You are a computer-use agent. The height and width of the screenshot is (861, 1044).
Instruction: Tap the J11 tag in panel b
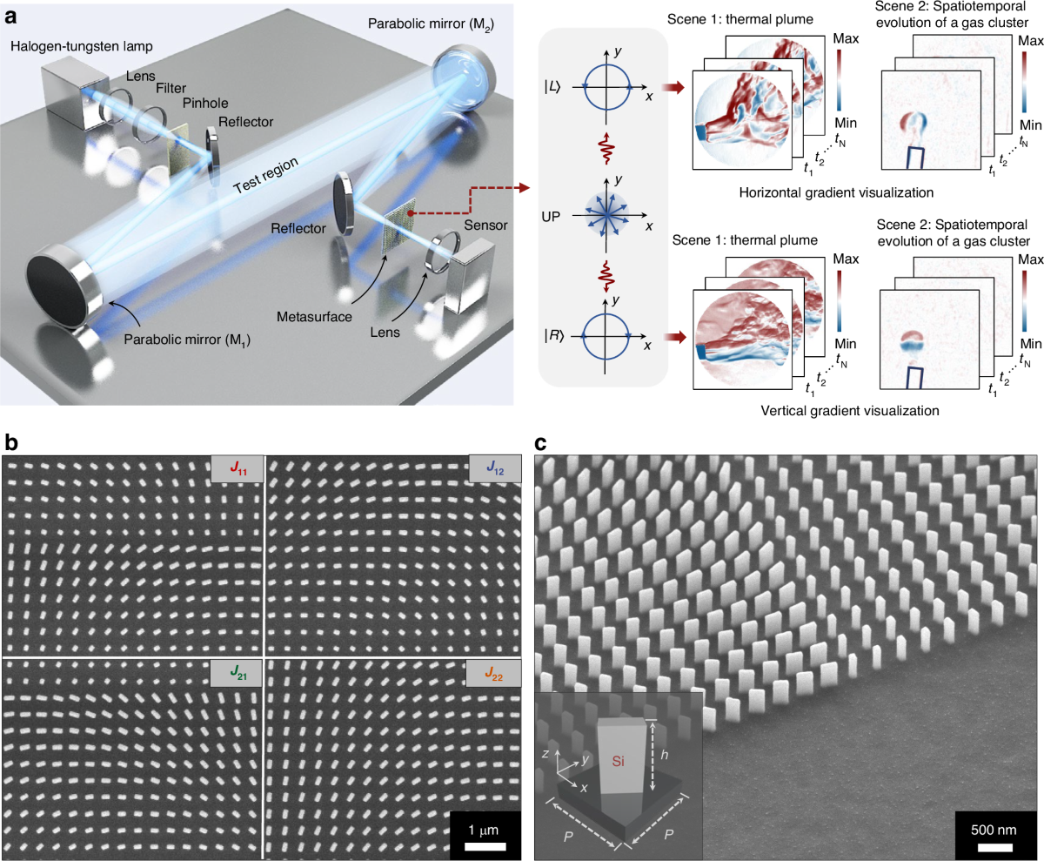pos(237,468)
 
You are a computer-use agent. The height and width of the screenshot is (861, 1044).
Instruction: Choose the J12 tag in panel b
pos(494,468)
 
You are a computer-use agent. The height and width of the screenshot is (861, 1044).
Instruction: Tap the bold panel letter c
pos(540,441)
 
